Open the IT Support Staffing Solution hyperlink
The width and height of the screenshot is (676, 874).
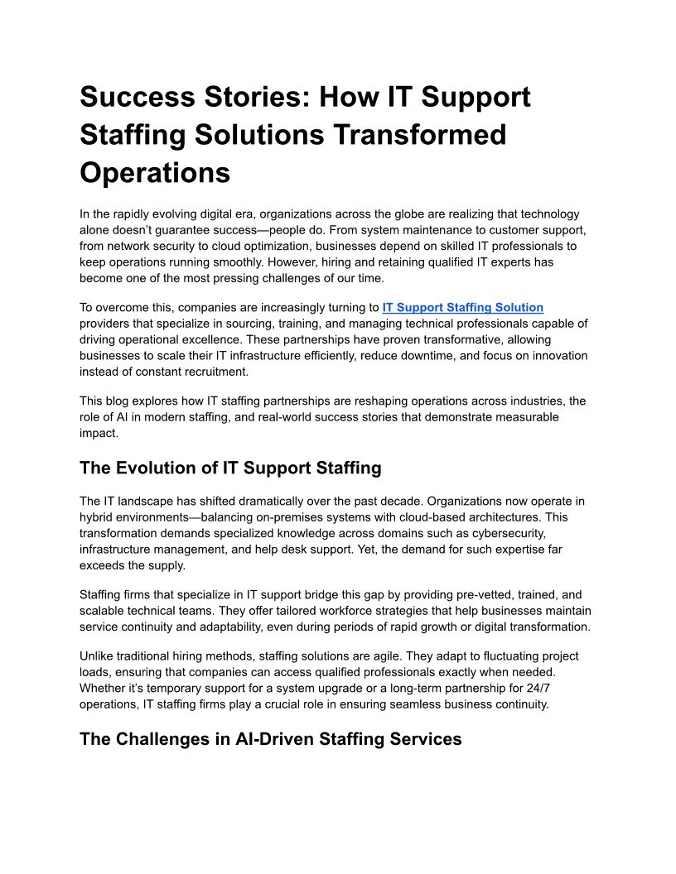point(462,307)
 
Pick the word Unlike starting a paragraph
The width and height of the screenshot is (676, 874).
point(98,655)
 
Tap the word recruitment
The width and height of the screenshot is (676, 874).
point(202,371)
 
